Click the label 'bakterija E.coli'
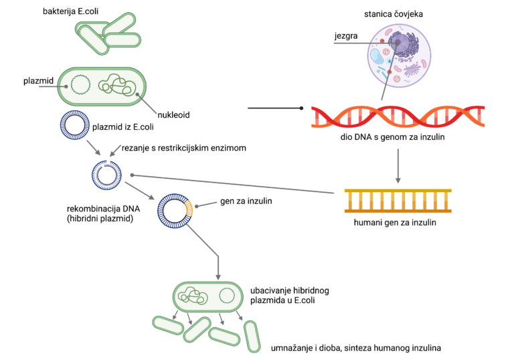click(x=70, y=11)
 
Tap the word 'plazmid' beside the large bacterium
click(x=38, y=81)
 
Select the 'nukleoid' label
click(x=173, y=114)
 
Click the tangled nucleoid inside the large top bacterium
click(x=117, y=84)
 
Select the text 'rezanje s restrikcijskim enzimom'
click(x=184, y=148)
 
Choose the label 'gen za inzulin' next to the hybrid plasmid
click(x=246, y=201)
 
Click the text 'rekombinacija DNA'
click(x=103, y=209)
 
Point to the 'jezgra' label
click(x=346, y=35)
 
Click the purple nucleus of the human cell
click(x=398, y=43)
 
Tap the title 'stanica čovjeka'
click(x=394, y=14)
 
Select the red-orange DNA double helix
click(x=398, y=116)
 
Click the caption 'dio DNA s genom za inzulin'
click(x=392, y=137)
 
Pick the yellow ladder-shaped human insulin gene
click(x=398, y=201)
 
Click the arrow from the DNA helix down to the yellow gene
click(x=398, y=166)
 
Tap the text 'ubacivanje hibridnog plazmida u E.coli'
click(x=289, y=295)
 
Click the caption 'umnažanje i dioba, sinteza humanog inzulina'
click(x=355, y=348)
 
